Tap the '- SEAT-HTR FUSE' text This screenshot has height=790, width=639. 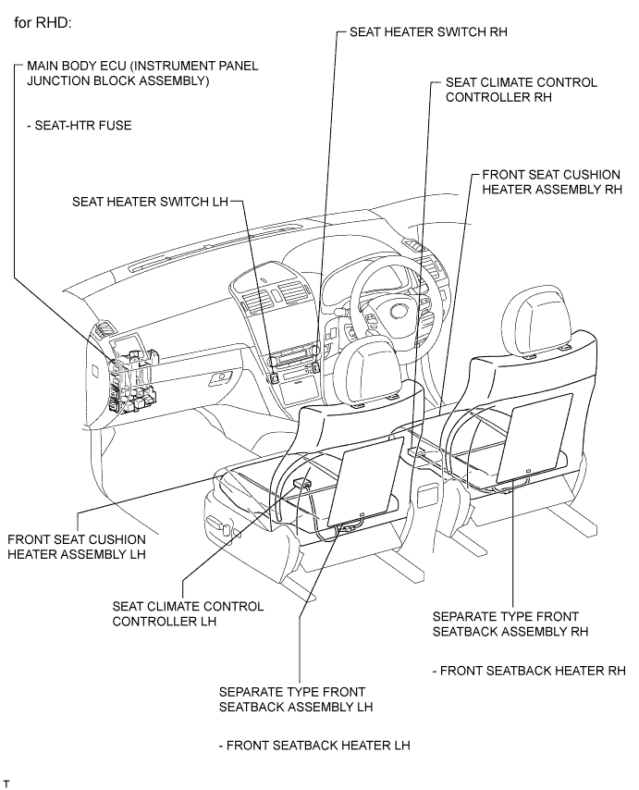[x=79, y=125]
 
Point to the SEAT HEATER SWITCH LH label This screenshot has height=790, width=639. [x=148, y=201]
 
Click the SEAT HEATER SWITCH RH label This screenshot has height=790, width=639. [x=429, y=31]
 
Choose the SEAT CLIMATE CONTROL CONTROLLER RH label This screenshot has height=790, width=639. [x=521, y=90]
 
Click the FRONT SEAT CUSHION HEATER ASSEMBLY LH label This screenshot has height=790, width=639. [x=76, y=547]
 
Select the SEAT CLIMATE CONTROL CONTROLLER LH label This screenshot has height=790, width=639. [x=188, y=613]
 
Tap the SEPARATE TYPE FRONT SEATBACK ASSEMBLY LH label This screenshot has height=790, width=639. [x=295, y=699]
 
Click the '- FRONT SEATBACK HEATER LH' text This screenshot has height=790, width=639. [x=313, y=745]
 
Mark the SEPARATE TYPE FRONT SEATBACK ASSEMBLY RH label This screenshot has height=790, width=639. [x=510, y=623]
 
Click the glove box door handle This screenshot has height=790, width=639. [x=221, y=377]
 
